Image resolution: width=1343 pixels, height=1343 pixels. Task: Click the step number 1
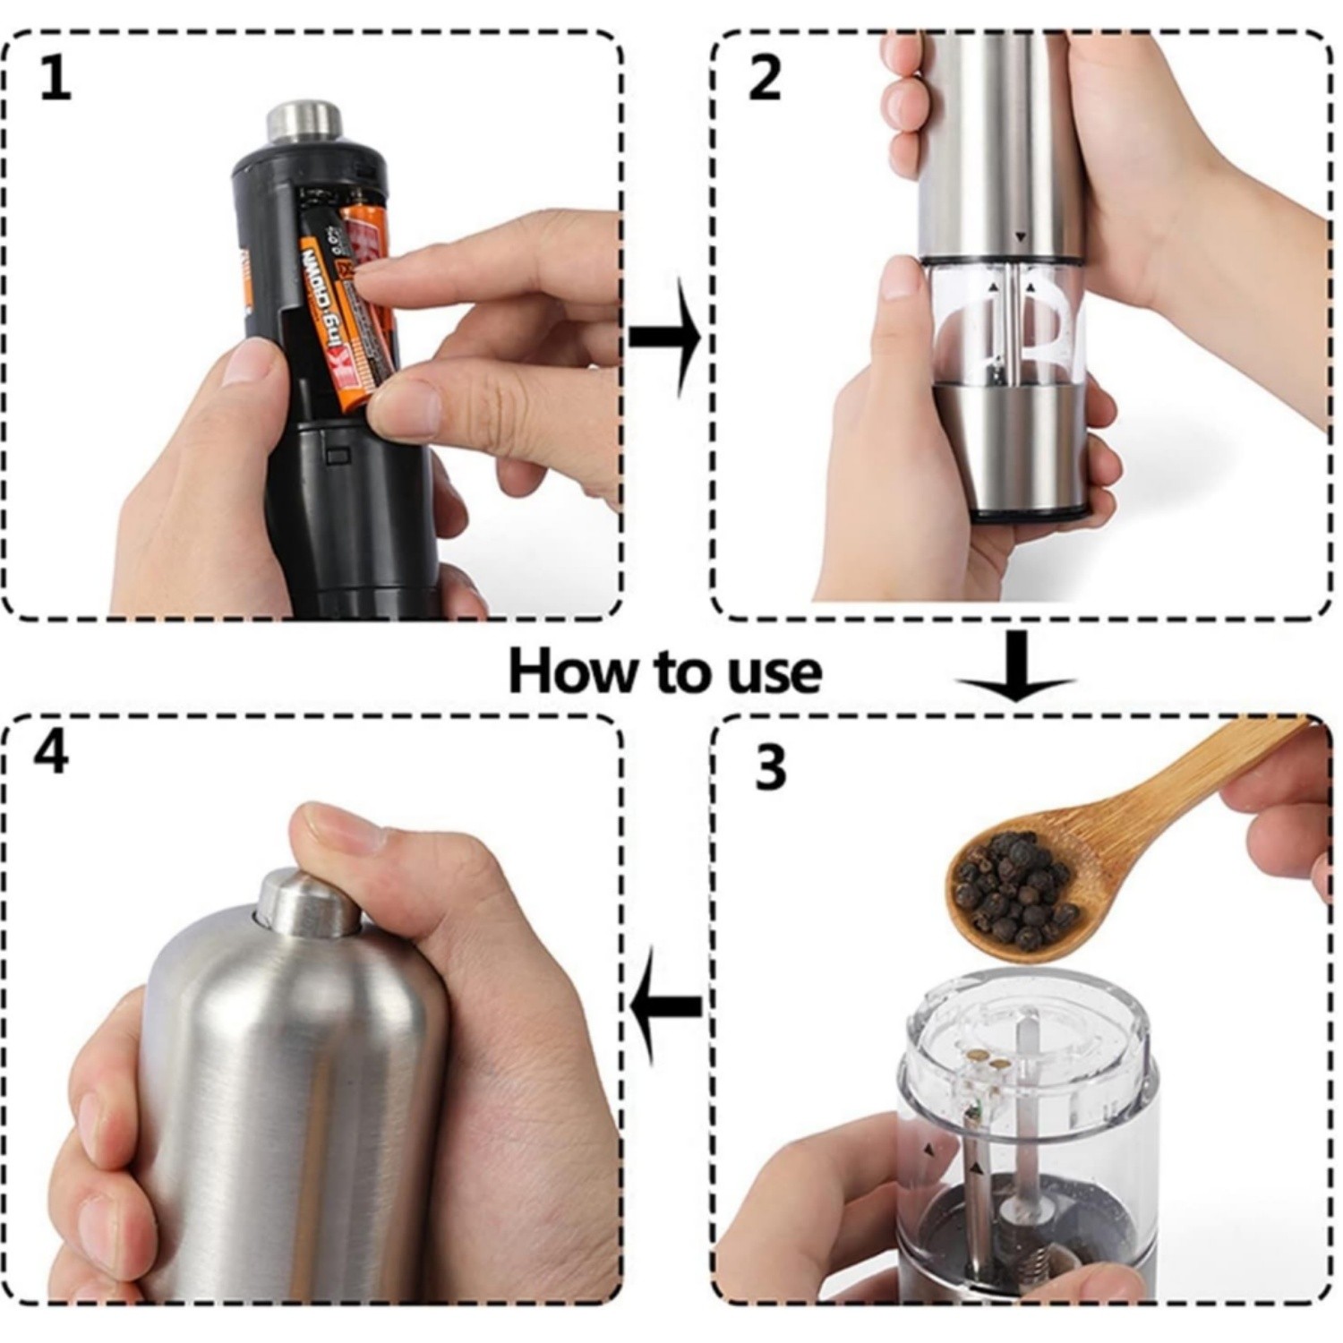click(x=55, y=80)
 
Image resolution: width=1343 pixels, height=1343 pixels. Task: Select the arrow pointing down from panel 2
click(x=1015, y=667)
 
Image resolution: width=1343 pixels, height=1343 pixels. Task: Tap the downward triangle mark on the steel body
click(x=1020, y=238)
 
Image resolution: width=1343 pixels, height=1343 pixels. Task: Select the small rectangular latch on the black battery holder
click(x=338, y=456)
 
